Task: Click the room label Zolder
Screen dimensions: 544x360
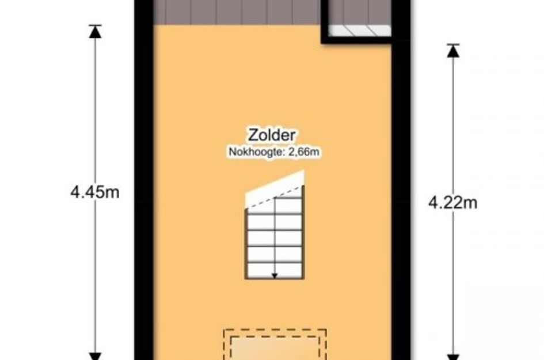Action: pyautogui.click(x=272, y=135)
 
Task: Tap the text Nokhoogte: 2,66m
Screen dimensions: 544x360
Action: pyautogui.click(x=274, y=152)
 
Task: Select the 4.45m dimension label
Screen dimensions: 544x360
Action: pyautogui.click(x=95, y=192)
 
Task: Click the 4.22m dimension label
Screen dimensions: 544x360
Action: pyautogui.click(x=452, y=203)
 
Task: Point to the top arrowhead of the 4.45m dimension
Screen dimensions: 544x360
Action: pyautogui.click(x=95, y=32)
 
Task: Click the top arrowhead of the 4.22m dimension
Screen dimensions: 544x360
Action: pyautogui.click(x=452, y=51)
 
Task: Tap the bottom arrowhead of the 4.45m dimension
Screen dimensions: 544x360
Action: pyautogui.click(x=95, y=356)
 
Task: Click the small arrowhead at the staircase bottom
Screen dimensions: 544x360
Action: pyautogui.click(x=275, y=276)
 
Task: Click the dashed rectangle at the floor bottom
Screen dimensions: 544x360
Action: pyautogui.click(x=275, y=330)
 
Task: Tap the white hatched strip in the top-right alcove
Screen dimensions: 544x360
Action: pyautogui.click(x=359, y=31)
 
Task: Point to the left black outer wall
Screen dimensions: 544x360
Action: pyautogui.click(x=144, y=180)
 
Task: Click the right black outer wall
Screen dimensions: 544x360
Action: pyautogui.click(x=401, y=202)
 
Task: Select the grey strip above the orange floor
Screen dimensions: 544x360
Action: pyautogui.click(x=237, y=12)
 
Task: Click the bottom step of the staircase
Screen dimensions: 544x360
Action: pyautogui.click(x=275, y=271)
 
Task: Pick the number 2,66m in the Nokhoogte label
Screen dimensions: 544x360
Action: pyautogui.click(x=304, y=152)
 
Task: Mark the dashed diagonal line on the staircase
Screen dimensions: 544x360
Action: pyautogui.click(x=275, y=197)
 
